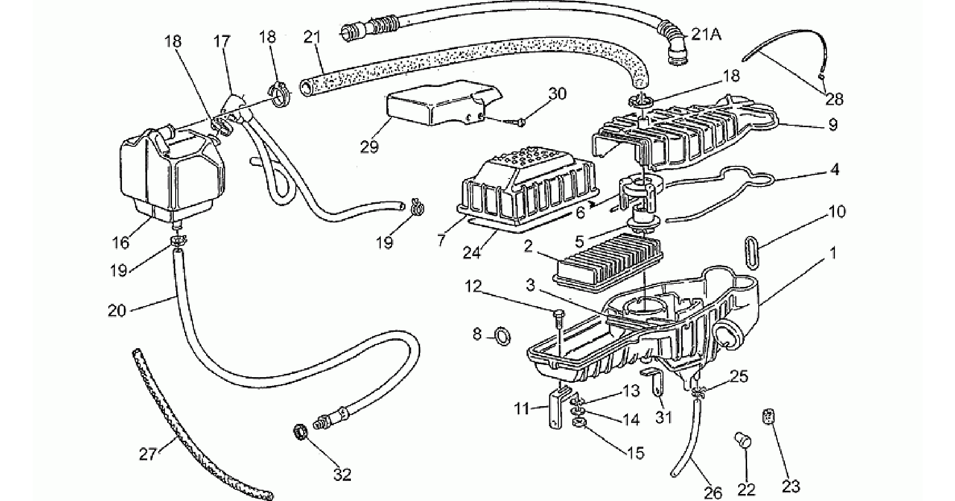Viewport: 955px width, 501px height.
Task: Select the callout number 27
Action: [147, 454]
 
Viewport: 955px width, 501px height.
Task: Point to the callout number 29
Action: [369, 146]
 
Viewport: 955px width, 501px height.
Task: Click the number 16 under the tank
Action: [121, 243]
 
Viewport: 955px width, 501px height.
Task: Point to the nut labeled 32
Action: [300, 432]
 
